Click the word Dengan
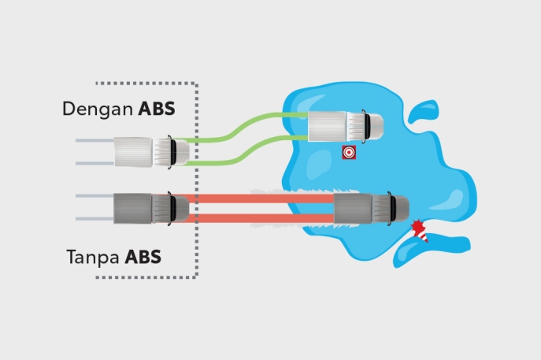(x=98, y=109)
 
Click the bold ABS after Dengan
(x=157, y=109)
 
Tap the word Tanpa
(x=93, y=258)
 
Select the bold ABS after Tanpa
(x=143, y=257)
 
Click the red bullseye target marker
(x=349, y=152)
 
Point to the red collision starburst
(x=418, y=226)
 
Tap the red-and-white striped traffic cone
(x=423, y=236)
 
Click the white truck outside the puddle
(x=152, y=152)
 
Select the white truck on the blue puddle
(x=346, y=126)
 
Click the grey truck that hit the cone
(x=372, y=209)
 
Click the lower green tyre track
(x=246, y=150)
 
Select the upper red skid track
(x=261, y=199)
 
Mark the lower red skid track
(x=261, y=218)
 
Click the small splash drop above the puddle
(x=424, y=111)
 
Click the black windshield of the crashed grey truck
(x=393, y=209)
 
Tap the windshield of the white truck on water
(x=367, y=126)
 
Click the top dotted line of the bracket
(x=146, y=84)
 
